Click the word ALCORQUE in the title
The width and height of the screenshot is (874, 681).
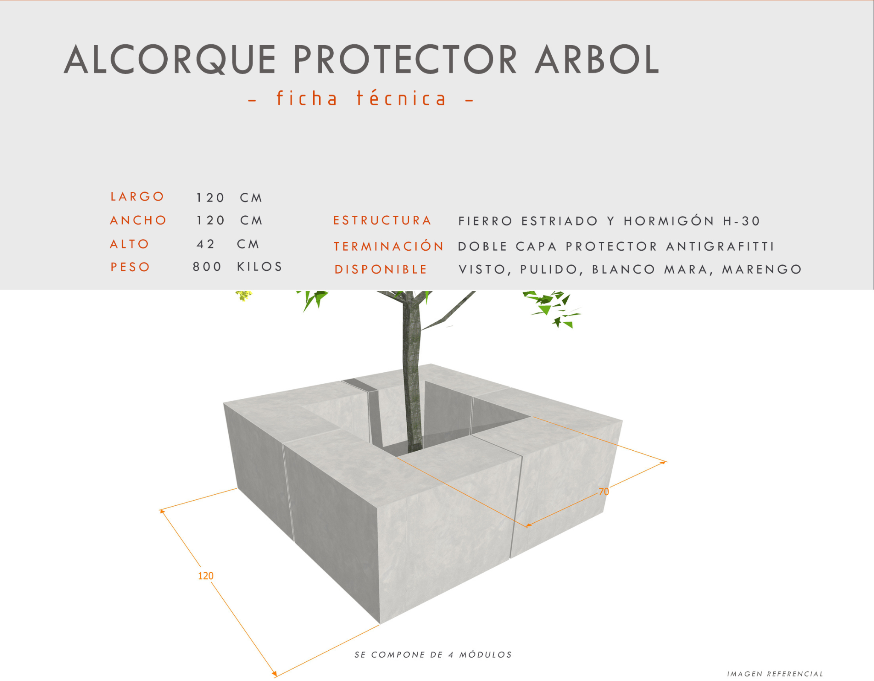170,59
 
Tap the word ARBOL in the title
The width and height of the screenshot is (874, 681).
597,59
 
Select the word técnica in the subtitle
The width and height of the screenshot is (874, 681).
401,99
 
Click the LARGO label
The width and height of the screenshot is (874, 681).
137,197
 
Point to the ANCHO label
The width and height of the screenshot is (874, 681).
138,220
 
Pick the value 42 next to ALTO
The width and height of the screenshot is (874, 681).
206,244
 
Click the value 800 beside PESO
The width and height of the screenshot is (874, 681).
207,267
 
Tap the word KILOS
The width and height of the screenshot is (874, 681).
259,267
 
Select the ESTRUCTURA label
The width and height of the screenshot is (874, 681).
382,220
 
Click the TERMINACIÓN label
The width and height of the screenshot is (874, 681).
389,246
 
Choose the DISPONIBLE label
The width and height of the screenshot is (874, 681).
381,270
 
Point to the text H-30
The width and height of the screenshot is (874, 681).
742,221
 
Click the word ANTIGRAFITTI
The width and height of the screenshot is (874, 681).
720,246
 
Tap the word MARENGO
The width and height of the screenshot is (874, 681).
762,270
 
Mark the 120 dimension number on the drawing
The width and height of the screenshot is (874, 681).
206,576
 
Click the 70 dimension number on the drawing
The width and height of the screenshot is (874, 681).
603,492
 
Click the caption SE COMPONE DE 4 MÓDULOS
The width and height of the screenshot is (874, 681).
433,655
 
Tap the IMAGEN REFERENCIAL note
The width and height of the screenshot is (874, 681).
775,674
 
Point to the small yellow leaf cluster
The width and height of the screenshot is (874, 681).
243,295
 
